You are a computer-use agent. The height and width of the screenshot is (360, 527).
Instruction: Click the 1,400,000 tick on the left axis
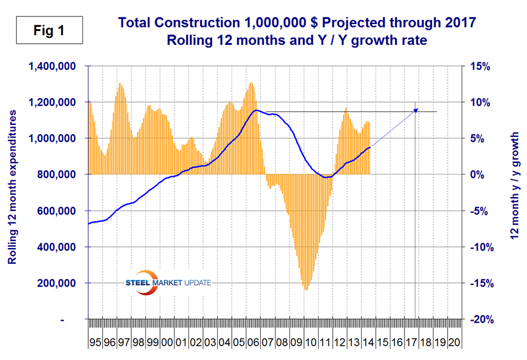point(52,66)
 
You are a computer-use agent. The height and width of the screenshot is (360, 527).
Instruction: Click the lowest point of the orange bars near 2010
point(305,289)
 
